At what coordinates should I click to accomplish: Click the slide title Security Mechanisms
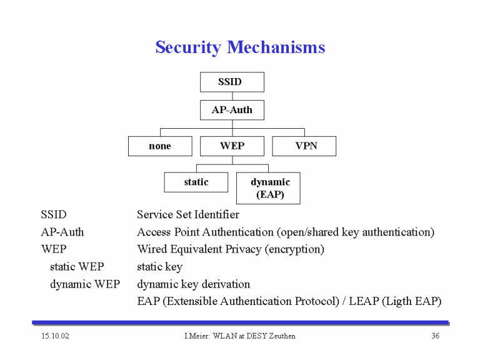coord(240,47)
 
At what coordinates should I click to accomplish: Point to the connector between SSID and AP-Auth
coord(232,96)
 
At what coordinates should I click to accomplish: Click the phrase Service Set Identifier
coord(188,214)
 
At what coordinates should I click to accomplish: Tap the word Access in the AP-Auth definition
coord(154,232)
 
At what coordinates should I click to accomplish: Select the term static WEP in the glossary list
coord(77,267)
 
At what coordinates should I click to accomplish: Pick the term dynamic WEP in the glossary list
coord(85,284)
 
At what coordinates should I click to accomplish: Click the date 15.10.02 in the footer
coord(56,336)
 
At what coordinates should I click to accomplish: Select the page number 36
coord(435,336)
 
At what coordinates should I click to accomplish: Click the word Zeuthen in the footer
coord(282,336)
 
